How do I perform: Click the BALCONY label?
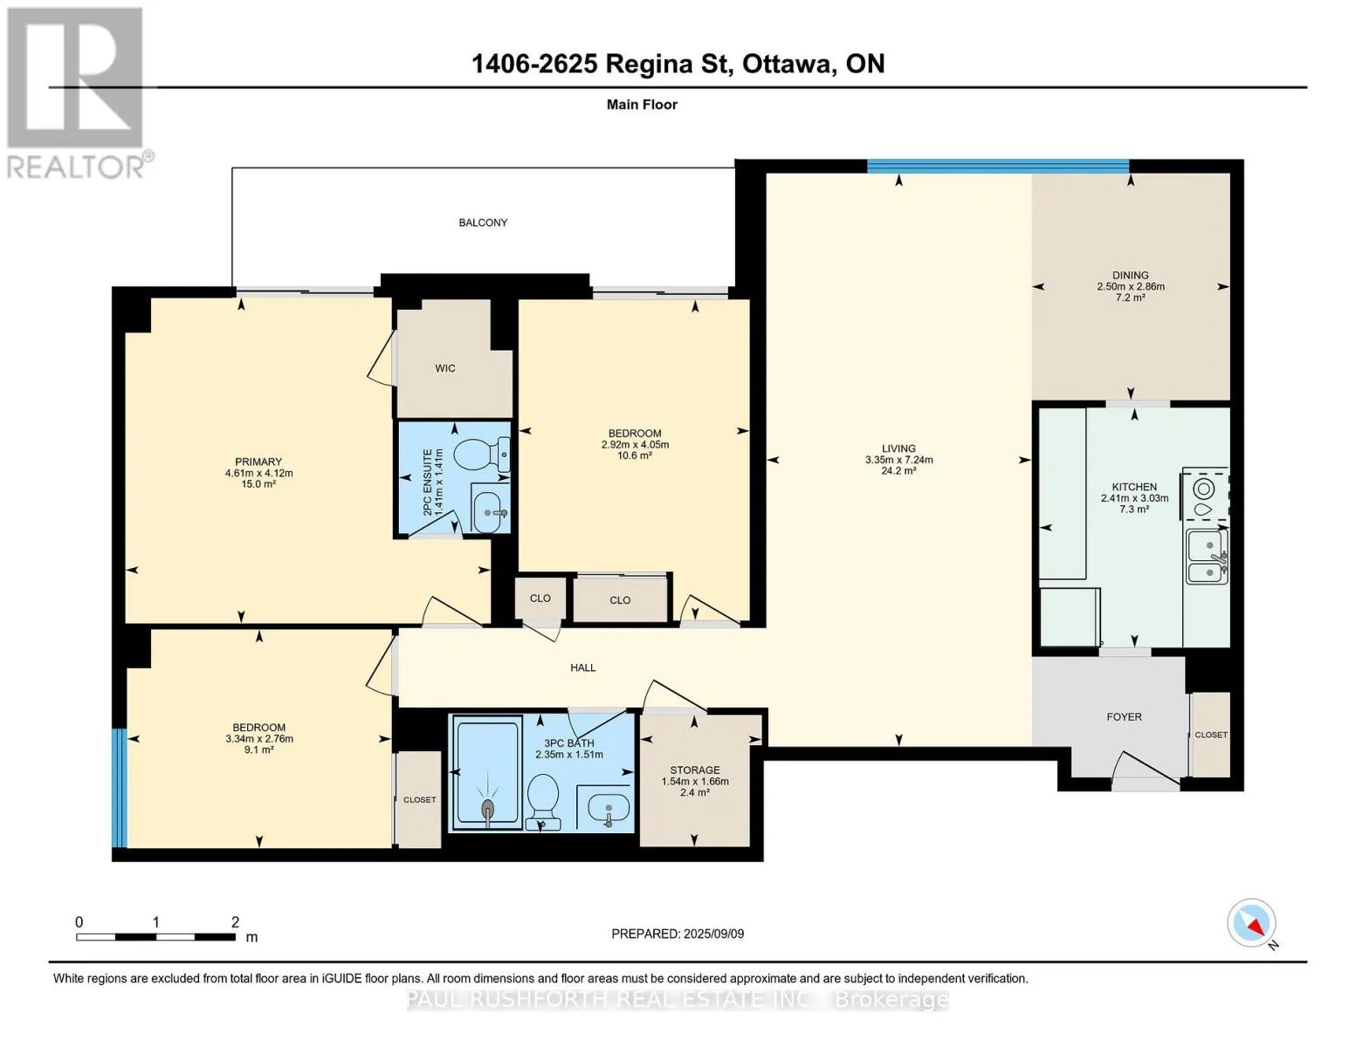pos(483,222)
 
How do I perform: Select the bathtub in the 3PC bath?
pos(487,773)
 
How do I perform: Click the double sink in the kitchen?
pos(1207,557)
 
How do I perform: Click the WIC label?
pos(445,368)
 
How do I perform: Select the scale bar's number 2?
pos(235,921)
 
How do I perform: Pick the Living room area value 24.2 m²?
pos(898,471)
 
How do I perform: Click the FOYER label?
pos(1124,717)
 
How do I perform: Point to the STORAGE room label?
pos(694,770)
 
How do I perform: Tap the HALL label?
pos(583,667)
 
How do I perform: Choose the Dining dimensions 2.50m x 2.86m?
pos(1131,287)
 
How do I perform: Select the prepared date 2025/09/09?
pos(714,934)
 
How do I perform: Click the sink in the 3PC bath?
pos(609,808)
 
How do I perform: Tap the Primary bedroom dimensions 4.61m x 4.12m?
pos(259,473)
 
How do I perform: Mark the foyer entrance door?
pos(1146,768)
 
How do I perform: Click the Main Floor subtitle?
pos(642,105)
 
